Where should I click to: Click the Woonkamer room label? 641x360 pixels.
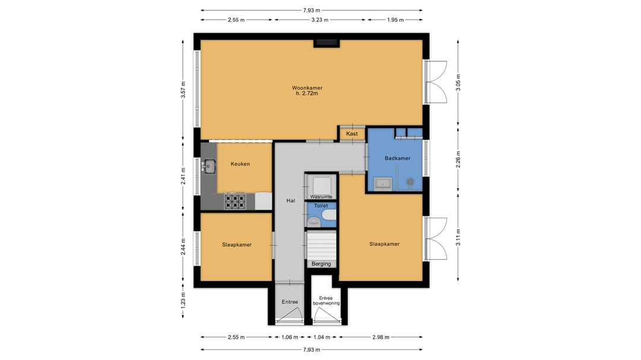pyautogui.click(x=307, y=88)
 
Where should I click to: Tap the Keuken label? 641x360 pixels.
pyautogui.click(x=240, y=164)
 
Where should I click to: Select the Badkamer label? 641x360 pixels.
pyautogui.click(x=397, y=158)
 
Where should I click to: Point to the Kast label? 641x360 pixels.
pyautogui.click(x=351, y=133)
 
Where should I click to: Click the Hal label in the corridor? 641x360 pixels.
pyautogui.click(x=291, y=200)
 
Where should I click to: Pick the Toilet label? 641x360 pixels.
pyautogui.click(x=321, y=206)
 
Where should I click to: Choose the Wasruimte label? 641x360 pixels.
pyautogui.click(x=321, y=196)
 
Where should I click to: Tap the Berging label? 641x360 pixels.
pyautogui.click(x=321, y=264)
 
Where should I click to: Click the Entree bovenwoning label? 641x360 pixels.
pyautogui.click(x=326, y=301)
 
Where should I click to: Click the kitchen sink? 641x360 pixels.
pyautogui.click(x=210, y=165)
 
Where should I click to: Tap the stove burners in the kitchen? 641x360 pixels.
pyautogui.click(x=234, y=201)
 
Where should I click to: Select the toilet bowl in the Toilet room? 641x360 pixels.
pyautogui.click(x=314, y=222)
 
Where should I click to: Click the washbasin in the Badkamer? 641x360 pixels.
pyautogui.click(x=382, y=184)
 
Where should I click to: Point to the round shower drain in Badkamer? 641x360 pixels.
pyautogui.click(x=410, y=182)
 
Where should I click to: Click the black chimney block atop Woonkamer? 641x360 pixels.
pyautogui.click(x=326, y=43)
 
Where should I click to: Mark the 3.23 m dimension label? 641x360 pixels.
pyautogui.click(x=320, y=20)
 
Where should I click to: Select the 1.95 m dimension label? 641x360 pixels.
pyautogui.click(x=395, y=20)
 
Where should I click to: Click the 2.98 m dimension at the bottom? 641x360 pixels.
pyautogui.click(x=380, y=337)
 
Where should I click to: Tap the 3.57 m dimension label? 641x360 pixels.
pyautogui.click(x=183, y=90)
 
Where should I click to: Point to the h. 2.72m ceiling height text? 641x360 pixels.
pyautogui.click(x=307, y=94)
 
